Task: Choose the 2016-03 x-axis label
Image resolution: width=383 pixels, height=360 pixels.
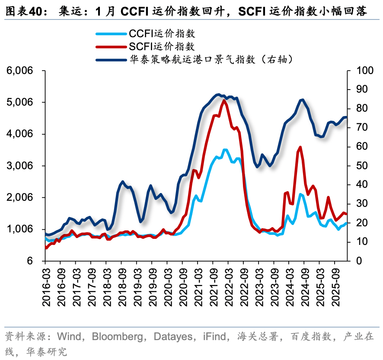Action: tap(45, 286)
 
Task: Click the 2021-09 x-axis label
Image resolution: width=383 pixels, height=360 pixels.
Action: tap(213, 286)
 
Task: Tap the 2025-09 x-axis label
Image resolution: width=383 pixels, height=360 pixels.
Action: tap(335, 286)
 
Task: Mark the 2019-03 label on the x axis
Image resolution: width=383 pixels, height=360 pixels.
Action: tap(137, 286)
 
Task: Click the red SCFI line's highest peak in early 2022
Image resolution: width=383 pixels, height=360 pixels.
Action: tap(224, 100)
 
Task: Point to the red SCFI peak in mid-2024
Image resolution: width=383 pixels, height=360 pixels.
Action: tap(300, 147)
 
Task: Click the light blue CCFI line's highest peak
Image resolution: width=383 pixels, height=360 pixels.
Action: tap(225, 150)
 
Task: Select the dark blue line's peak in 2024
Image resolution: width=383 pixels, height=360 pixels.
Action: tap(302, 100)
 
